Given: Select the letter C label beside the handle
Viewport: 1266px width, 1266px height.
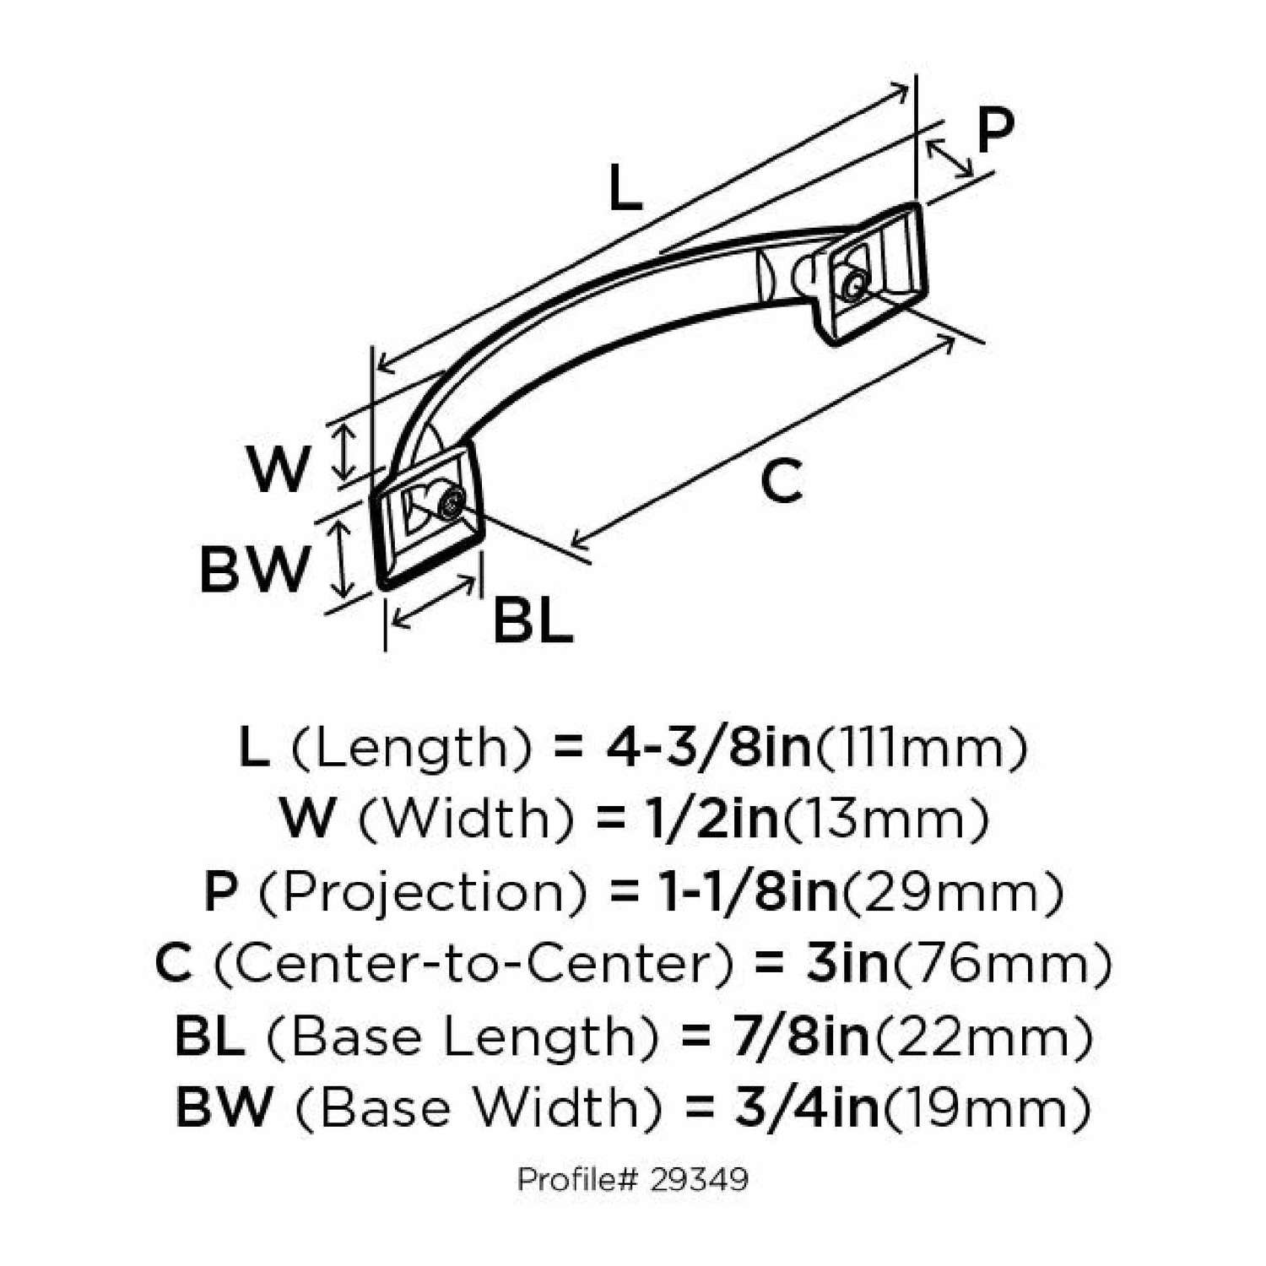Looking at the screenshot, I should click(781, 482).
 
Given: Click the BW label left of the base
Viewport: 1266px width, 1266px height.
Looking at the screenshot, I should click(254, 569).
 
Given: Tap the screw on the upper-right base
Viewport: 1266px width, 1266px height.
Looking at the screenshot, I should click(854, 286).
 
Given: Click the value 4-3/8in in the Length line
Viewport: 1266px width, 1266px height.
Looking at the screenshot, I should click(708, 748).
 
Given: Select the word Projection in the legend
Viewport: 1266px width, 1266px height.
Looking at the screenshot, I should click(421, 892).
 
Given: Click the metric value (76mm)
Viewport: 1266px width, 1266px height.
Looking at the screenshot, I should click(1002, 964).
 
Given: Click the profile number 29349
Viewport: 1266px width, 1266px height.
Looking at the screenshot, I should click(700, 1179).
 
